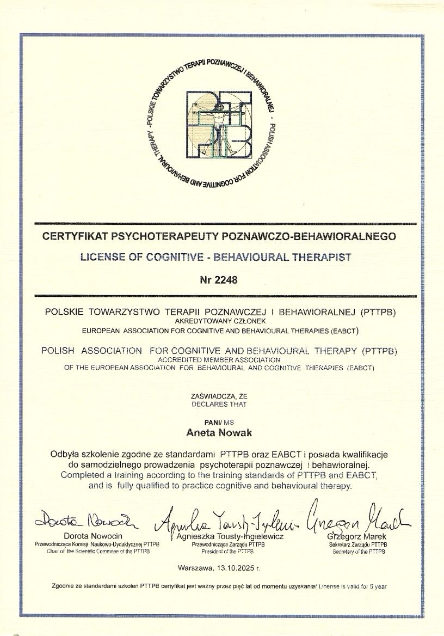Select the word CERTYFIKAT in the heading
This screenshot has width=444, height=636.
75,236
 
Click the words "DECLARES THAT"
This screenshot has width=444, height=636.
219,404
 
